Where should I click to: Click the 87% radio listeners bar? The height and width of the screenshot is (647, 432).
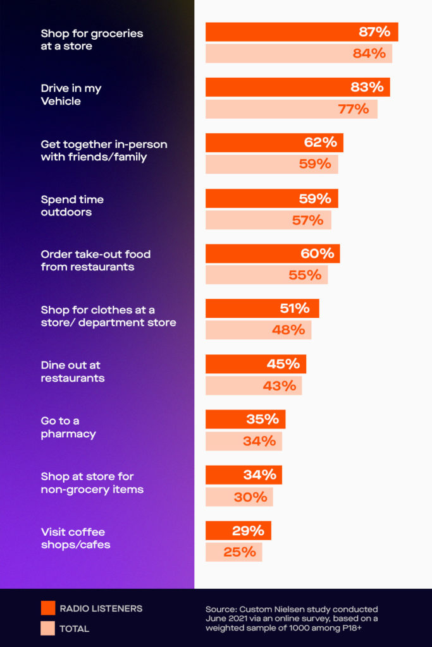[x=302, y=32]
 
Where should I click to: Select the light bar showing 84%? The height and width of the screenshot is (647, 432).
[x=299, y=54]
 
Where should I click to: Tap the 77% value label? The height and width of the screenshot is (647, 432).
[x=354, y=109]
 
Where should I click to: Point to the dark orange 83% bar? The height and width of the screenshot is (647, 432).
[x=298, y=87]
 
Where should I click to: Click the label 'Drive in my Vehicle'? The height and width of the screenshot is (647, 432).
[x=71, y=95]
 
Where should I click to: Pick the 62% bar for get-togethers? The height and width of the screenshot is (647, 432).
[x=275, y=142]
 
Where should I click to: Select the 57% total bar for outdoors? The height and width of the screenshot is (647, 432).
[x=268, y=220]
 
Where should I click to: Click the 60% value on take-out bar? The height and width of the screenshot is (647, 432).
[x=317, y=253]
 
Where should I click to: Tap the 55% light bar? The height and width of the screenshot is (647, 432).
[x=267, y=275]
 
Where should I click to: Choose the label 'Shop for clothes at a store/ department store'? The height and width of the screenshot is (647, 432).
[x=109, y=316]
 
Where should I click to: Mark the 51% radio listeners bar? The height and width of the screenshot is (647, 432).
[x=262, y=308]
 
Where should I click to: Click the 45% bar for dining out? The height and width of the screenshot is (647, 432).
[x=256, y=364]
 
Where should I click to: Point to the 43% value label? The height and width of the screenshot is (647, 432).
[x=280, y=386]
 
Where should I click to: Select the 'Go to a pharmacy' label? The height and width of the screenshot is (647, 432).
[x=68, y=427]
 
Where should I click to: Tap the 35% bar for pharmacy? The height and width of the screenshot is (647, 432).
[x=245, y=420]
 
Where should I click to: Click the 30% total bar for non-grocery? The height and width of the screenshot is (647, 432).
[x=239, y=497]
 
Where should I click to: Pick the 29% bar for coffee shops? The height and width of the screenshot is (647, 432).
[x=238, y=530]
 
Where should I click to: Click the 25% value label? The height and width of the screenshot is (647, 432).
[x=240, y=552]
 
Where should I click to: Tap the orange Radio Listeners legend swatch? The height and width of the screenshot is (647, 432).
[x=48, y=608]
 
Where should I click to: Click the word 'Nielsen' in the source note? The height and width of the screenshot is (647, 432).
[x=310, y=610]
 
